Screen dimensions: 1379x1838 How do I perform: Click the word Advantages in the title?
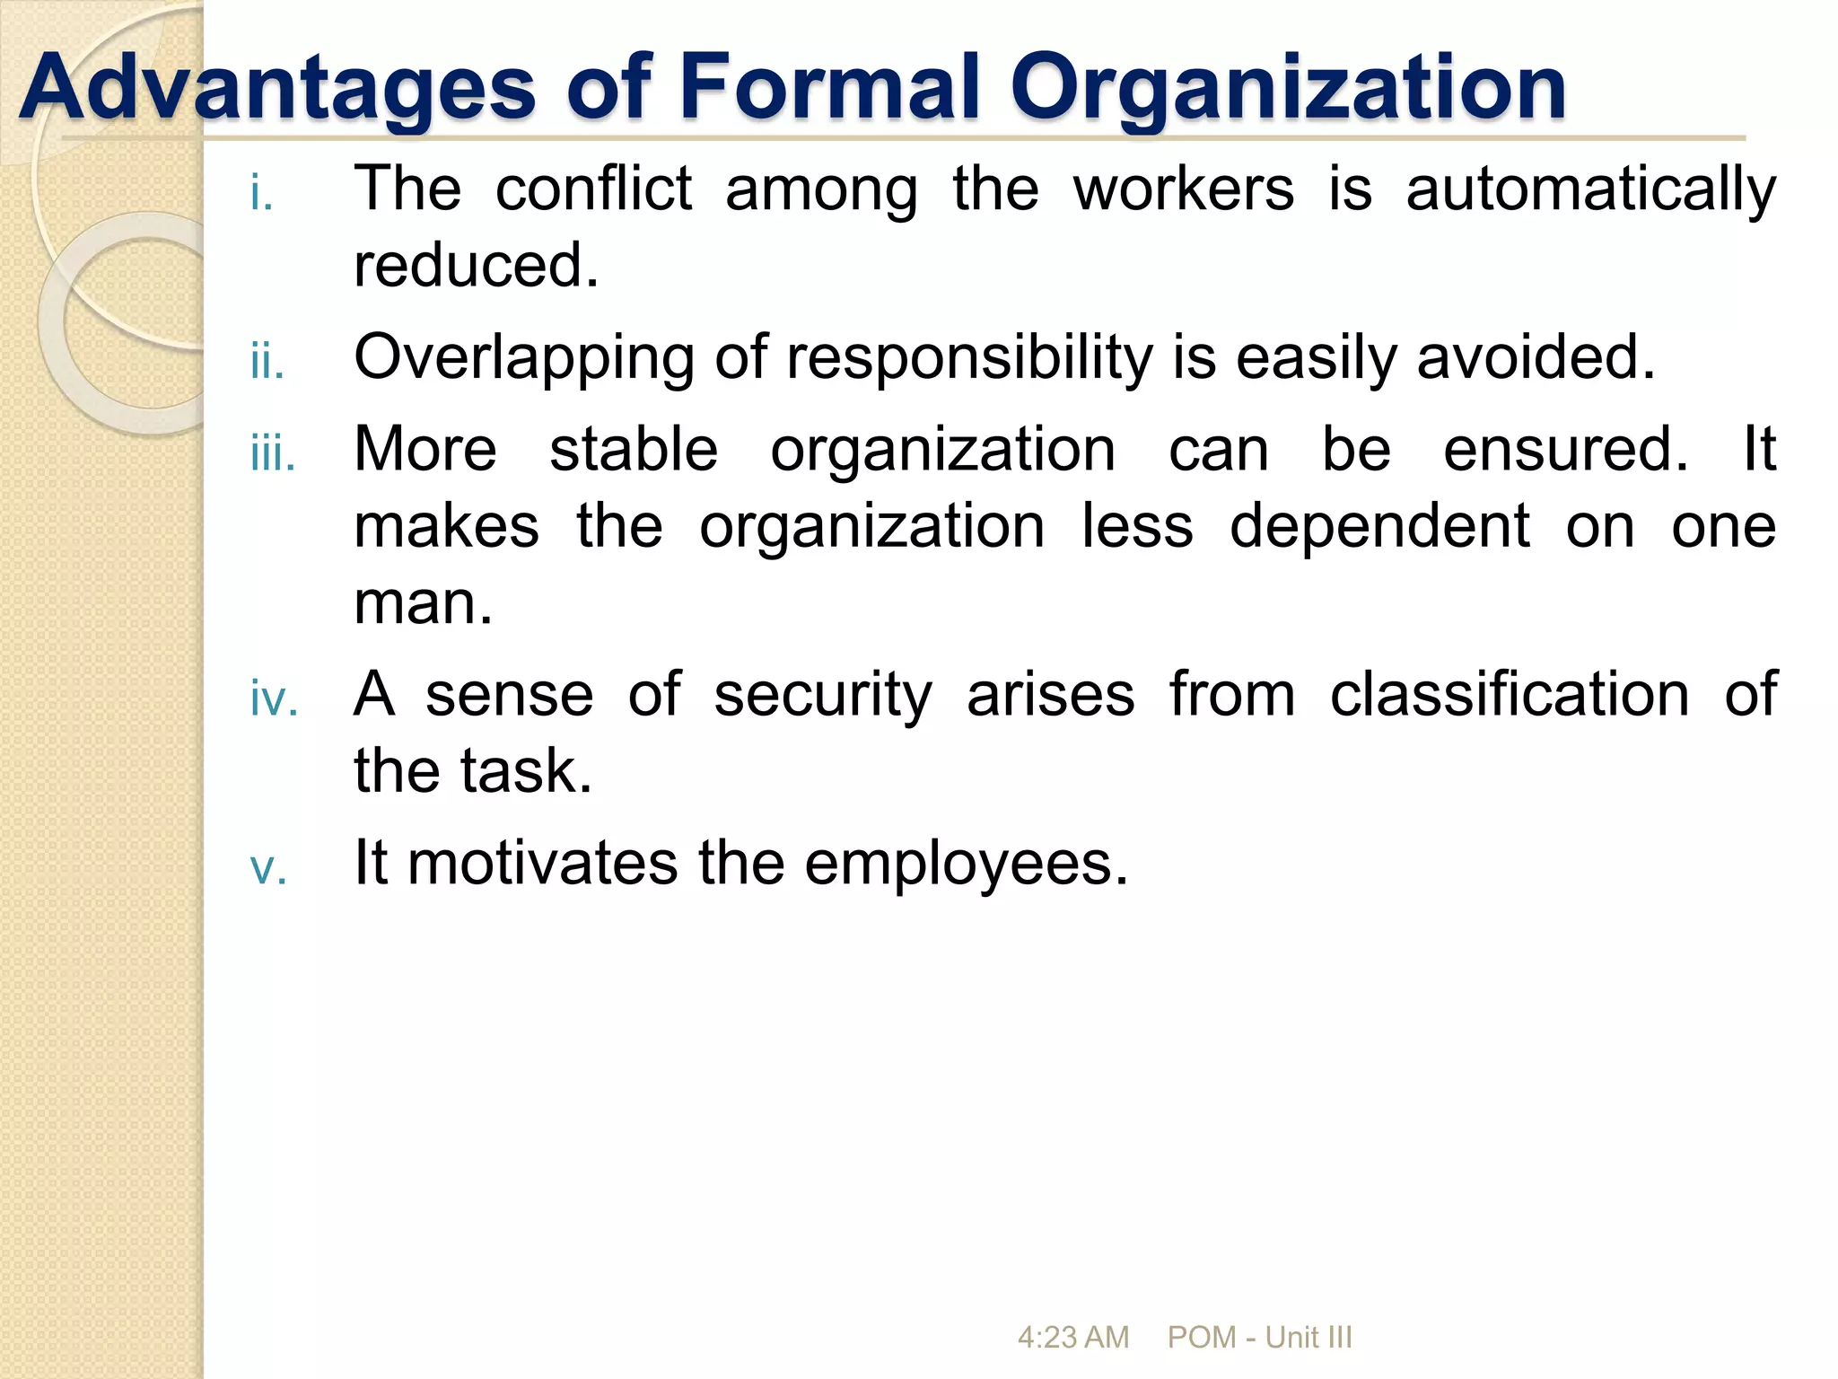coord(277,88)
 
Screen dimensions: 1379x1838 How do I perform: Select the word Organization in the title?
coord(1288,88)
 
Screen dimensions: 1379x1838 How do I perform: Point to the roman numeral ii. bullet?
coord(267,363)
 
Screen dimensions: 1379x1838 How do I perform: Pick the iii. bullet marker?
coord(273,454)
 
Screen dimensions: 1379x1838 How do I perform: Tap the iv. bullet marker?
coord(274,698)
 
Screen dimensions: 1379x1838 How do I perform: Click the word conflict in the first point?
coord(593,189)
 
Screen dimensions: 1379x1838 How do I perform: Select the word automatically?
coord(1590,190)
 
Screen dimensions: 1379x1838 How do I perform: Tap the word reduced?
coord(476,265)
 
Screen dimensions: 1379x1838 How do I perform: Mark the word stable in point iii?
coord(634,449)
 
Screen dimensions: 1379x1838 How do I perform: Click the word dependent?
coord(1379,526)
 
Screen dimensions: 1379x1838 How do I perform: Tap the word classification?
coord(1510,694)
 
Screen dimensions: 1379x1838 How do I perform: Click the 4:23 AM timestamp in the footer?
coord(1072,1338)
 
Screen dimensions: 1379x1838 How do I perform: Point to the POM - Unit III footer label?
coord(1259,1338)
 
